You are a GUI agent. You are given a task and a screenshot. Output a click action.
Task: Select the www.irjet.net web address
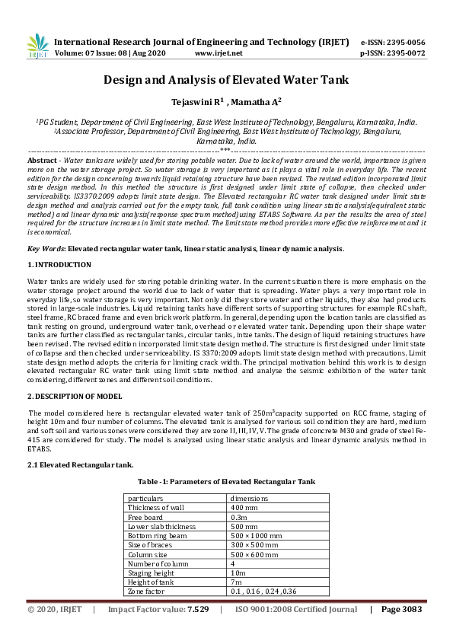click(219, 53)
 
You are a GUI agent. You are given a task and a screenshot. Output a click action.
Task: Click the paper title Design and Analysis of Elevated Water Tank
click(226, 79)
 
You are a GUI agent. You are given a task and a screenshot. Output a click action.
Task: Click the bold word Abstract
click(41, 162)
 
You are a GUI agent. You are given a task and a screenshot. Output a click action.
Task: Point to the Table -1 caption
click(226, 482)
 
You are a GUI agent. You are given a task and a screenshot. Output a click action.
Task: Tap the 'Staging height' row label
click(150, 572)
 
